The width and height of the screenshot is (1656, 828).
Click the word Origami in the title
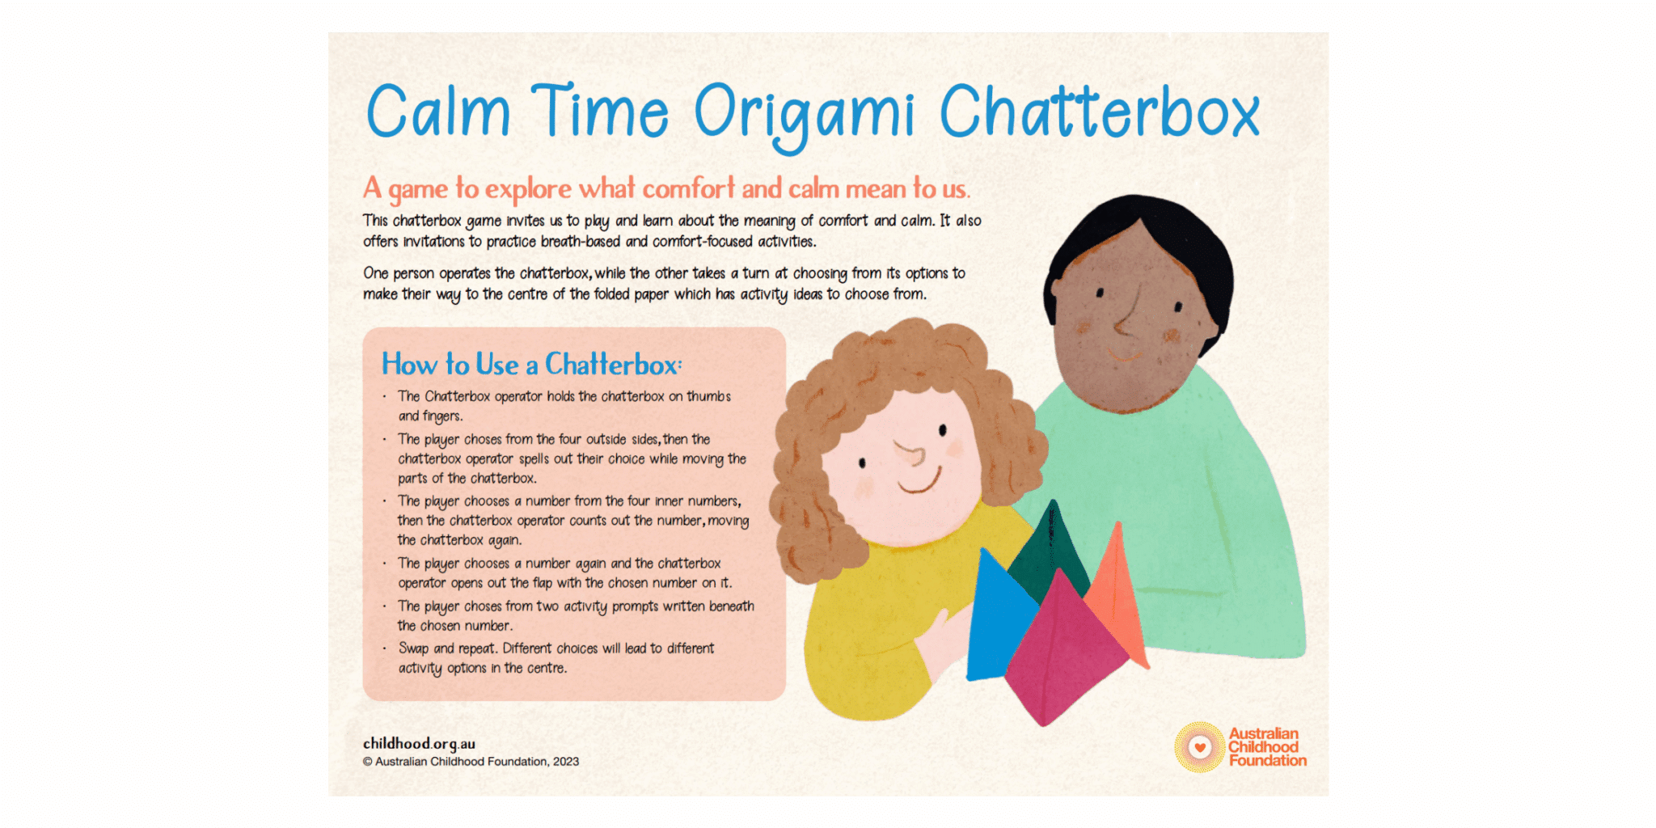click(805, 116)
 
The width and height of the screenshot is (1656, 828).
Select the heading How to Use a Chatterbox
click(532, 365)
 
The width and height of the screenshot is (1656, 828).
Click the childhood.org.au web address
click(419, 744)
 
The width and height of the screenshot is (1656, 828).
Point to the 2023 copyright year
click(566, 762)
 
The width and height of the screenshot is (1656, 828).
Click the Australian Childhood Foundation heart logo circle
click(1200, 747)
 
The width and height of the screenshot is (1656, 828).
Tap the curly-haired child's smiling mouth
click(921, 482)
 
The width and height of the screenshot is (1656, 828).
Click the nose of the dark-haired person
click(1126, 317)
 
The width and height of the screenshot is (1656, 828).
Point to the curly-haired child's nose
click(911, 454)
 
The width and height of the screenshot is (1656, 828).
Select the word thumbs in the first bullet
click(708, 396)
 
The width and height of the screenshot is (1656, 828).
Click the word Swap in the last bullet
click(413, 648)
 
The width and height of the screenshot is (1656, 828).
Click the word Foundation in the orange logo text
click(1267, 760)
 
